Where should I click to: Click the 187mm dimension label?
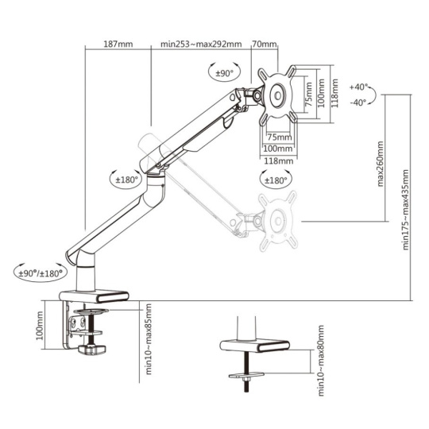click(x=118, y=44)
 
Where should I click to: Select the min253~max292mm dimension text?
click(x=201, y=44)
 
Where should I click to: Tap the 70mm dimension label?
click(x=265, y=44)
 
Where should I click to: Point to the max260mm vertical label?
click(x=381, y=164)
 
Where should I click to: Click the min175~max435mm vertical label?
click(x=405, y=210)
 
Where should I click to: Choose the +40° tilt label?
click(x=358, y=87)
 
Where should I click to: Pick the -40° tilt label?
click(x=358, y=102)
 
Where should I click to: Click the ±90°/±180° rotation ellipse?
click(x=41, y=273)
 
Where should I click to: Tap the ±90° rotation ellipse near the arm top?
click(x=224, y=73)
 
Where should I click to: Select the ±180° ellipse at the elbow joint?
click(x=126, y=180)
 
